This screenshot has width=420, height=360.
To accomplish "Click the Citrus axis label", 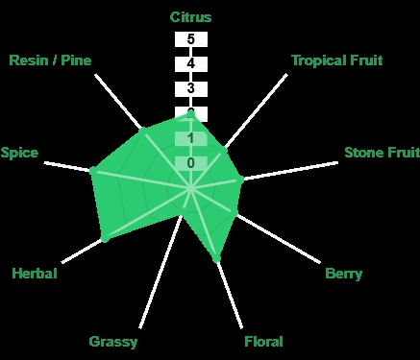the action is pos(190,17).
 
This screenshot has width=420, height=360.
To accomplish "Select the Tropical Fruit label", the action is pos(337,60).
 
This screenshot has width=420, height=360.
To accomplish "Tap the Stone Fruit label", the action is pos(382,153).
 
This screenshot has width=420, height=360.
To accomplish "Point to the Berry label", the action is pos(343,274).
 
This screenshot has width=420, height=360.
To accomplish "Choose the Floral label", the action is pos(263,342).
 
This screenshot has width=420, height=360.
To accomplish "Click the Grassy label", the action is pos(113,342).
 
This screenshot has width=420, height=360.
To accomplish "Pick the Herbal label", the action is pos(35,274).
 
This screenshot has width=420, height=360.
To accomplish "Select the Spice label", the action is pos(19,153).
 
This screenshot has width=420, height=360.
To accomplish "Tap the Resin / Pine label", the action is pos(50,60).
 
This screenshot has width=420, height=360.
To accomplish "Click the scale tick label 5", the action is pos(191,39).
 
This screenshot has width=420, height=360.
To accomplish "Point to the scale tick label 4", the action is pos(191,63).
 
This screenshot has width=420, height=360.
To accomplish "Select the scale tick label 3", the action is pos(191,88).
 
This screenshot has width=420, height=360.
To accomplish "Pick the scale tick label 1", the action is pos(191,138).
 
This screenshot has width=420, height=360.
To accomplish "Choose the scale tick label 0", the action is pos(191,163).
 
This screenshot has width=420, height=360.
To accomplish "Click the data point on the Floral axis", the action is pos(216,258).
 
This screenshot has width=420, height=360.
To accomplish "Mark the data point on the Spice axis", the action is pos(93,170).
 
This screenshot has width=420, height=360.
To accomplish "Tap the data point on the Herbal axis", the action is pos(105,238).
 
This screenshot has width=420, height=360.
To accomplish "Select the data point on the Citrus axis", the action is pos(191,112).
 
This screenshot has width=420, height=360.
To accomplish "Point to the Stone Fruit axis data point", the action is pos(241,180).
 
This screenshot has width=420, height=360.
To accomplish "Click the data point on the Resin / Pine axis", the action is pos(143,130).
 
